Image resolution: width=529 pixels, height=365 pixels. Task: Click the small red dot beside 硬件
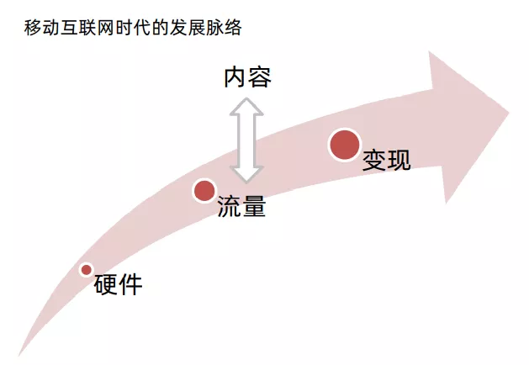click(x=86, y=269)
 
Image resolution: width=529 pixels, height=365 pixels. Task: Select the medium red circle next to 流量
click(x=204, y=191)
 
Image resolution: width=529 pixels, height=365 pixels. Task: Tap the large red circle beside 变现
click(x=345, y=145)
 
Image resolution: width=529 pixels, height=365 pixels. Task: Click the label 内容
click(x=247, y=77)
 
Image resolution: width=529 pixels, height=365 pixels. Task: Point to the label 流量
click(x=241, y=207)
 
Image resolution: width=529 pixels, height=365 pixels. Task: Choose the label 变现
click(x=387, y=160)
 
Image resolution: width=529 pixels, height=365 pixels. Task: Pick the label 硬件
click(x=118, y=285)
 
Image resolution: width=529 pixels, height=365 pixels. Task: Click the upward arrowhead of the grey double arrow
click(x=247, y=106)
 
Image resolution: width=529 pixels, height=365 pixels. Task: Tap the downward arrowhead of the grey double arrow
click(x=247, y=174)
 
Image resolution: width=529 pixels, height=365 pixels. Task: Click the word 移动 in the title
click(x=40, y=29)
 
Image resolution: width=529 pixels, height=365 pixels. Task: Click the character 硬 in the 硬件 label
click(x=105, y=285)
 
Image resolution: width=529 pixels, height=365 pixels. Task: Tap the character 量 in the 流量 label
click(x=254, y=207)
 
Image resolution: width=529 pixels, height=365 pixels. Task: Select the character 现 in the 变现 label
click(x=399, y=160)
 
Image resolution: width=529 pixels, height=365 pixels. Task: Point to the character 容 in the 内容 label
click(x=260, y=77)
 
